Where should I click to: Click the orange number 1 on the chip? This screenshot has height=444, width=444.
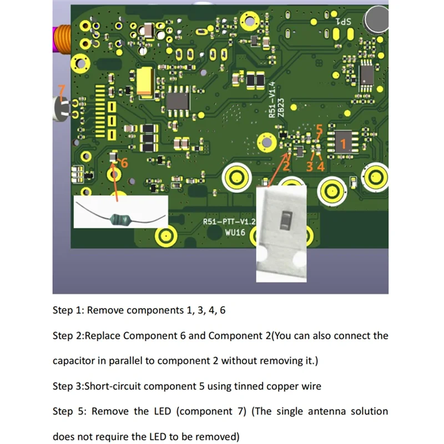coord(342,145)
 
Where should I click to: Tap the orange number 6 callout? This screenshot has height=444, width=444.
coord(124,163)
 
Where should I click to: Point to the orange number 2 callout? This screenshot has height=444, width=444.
coord(286,164)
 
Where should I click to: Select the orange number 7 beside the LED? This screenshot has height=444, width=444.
coord(62,89)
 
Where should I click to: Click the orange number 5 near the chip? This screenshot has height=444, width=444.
coord(319,130)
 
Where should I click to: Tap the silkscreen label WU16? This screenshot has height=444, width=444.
coord(232,233)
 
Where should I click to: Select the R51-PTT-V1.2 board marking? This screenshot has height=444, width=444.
coord(229,221)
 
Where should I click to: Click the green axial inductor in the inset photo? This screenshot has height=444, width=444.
coord(122,220)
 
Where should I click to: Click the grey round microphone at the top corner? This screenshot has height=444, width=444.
coord(376,19)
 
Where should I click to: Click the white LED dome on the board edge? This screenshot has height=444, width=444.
coord(59,109)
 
